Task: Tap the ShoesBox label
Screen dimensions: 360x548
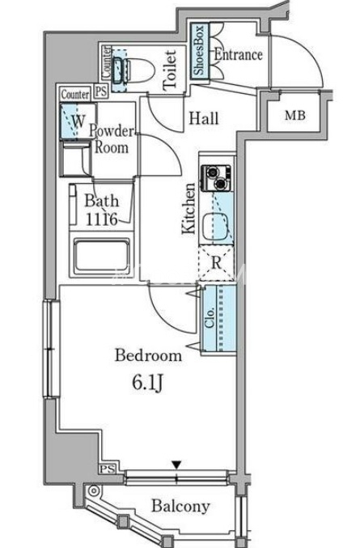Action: tap(199, 51)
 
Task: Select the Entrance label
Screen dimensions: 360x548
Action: tap(238, 54)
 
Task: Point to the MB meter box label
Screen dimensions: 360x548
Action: tap(295, 115)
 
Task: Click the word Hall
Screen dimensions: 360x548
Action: tap(204, 118)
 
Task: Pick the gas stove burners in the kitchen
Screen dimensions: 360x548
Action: tap(216, 178)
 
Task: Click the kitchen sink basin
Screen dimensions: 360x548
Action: tap(215, 227)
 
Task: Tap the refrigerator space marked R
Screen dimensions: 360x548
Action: tap(217, 262)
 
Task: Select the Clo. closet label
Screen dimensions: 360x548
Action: tap(210, 318)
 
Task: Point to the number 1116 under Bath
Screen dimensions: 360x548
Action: tap(101, 219)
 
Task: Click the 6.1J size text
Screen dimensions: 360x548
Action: tap(147, 384)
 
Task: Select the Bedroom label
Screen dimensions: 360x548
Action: tap(148, 355)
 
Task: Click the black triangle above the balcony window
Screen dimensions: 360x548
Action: tap(177, 465)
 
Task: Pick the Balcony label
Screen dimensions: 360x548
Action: tap(180, 506)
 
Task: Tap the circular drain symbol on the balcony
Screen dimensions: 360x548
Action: tap(93, 491)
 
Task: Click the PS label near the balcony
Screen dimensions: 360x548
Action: tap(107, 469)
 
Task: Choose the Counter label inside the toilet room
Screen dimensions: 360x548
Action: tap(107, 62)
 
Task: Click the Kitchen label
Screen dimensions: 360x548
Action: tap(189, 208)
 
